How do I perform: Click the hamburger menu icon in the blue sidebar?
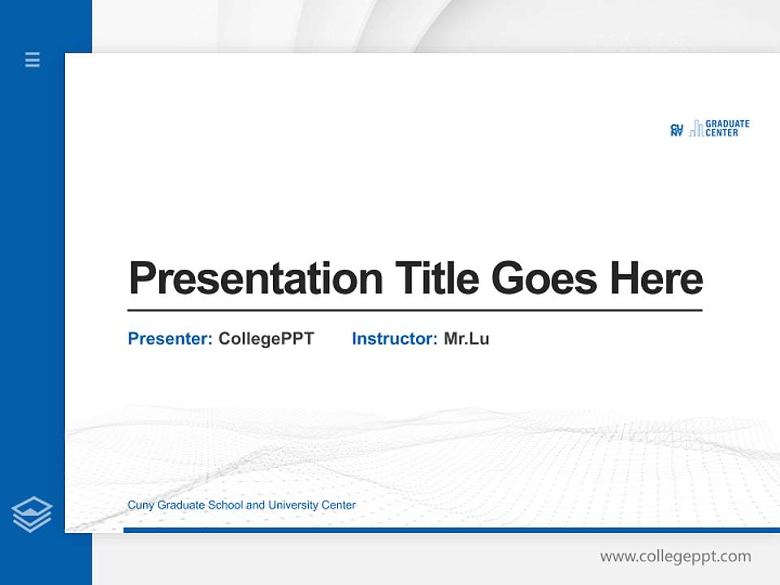pos(32,59)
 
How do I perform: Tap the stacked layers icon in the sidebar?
pos(32,514)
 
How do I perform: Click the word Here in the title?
pos(656,278)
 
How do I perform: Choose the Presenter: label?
pos(170,339)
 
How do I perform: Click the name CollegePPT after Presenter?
pos(266,339)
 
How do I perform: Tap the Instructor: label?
pos(394,339)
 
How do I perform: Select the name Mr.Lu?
pos(466,339)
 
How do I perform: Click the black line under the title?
pos(414,310)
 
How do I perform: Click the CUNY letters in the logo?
pos(676,129)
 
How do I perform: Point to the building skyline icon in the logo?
pos(696,129)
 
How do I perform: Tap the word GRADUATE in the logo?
pos(727,124)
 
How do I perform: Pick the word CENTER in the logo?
pos(722,133)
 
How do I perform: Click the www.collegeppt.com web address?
pos(675,557)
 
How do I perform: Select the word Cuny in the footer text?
pos(141,505)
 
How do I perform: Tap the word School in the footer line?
pos(225,505)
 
